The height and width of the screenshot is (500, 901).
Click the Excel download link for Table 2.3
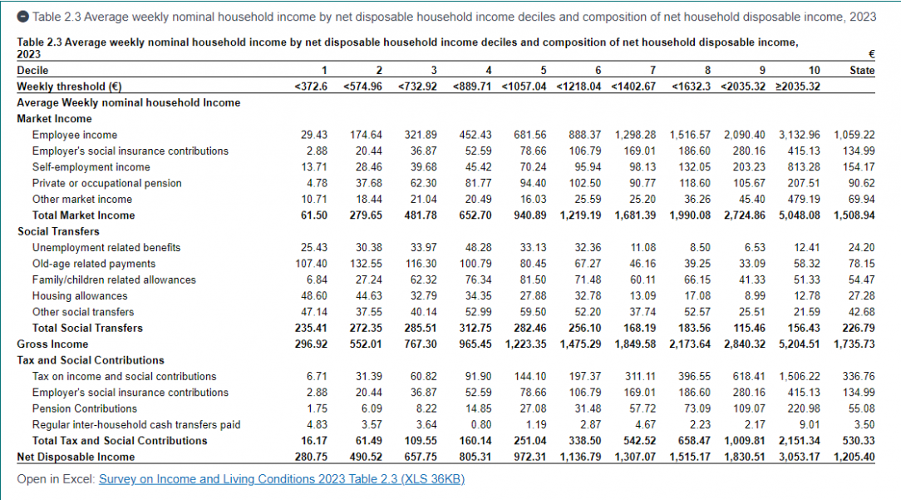click(282, 479)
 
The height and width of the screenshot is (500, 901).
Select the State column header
click(862, 71)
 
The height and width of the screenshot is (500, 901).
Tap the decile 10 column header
click(815, 71)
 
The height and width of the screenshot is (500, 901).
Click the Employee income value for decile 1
click(315, 135)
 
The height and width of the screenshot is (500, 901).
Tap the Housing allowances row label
click(80, 296)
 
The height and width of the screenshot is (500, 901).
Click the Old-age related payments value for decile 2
click(366, 264)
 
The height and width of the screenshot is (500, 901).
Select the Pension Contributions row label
click(85, 408)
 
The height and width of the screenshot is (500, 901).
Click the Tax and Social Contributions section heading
click(91, 360)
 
